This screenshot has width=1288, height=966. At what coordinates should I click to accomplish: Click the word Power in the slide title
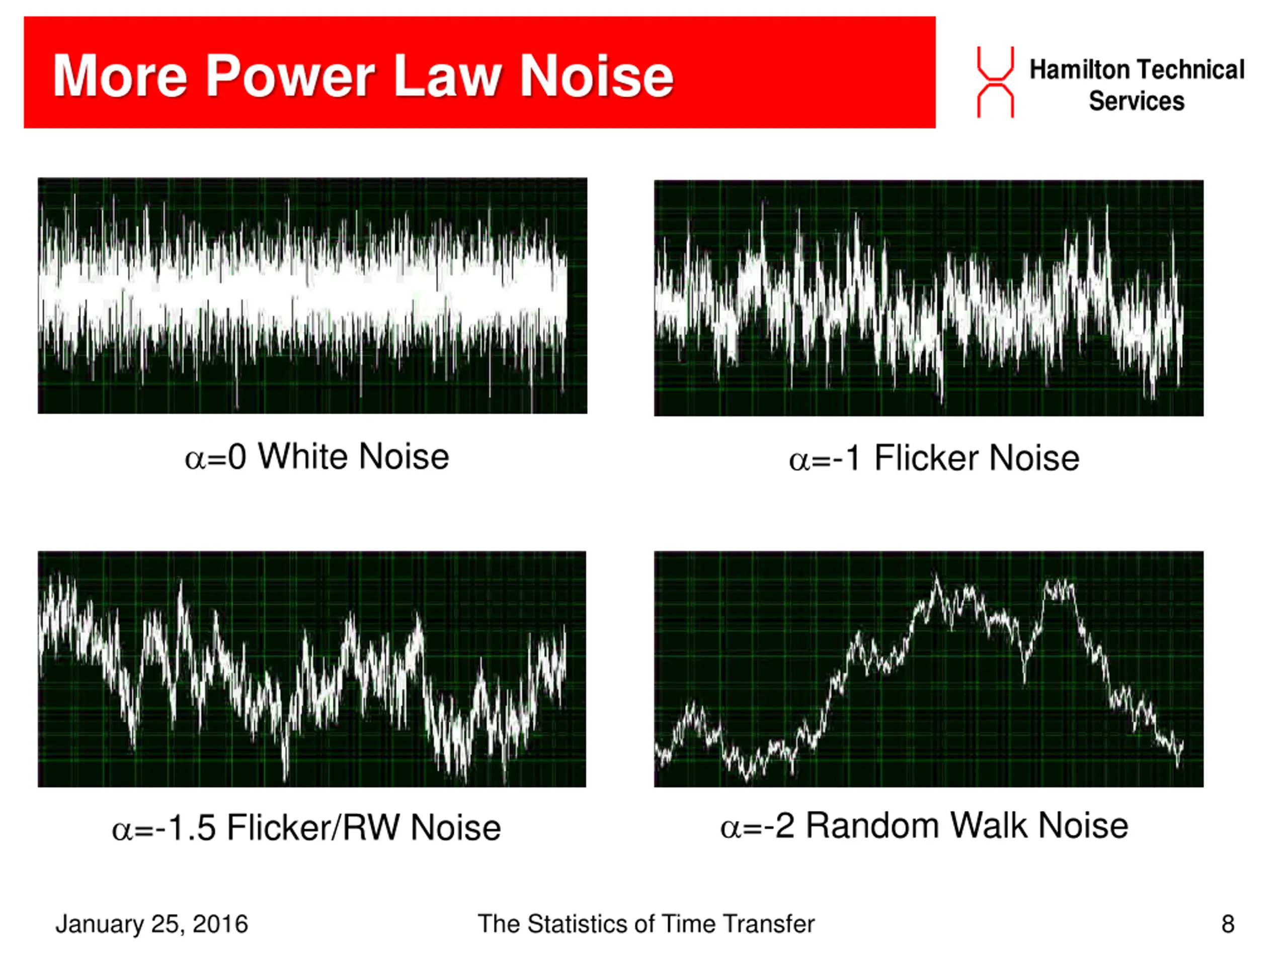point(290,76)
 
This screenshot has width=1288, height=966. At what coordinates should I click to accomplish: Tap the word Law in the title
point(447,76)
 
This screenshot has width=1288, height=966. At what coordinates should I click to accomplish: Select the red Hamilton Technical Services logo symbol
point(995,82)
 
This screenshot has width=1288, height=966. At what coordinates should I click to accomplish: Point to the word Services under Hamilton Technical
point(1137,101)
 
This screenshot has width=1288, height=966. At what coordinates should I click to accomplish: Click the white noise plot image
point(312,296)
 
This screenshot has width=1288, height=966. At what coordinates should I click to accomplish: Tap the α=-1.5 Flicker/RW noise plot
point(312,669)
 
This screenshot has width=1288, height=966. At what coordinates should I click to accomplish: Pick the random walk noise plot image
point(928,669)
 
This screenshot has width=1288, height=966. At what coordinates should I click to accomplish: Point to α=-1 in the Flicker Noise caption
point(824,458)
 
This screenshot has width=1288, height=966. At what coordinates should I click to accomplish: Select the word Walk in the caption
point(989,826)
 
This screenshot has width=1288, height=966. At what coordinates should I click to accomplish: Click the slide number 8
point(1228,924)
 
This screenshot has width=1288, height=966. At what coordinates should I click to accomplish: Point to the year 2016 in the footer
point(219,924)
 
